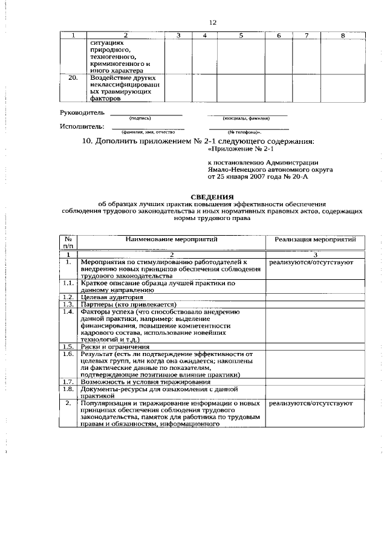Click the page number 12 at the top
tap(212, 22)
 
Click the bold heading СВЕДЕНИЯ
tap(212, 197)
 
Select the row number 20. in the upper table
tap(73, 79)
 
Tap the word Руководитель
tap(82, 113)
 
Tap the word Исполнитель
tap(82, 126)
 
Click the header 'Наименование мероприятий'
tap(171, 239)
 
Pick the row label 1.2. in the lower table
tap(69, 297)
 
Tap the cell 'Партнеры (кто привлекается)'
tap(128, 305)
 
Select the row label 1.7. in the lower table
tap(69, 383)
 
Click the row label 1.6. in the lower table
tap(69, 354)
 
